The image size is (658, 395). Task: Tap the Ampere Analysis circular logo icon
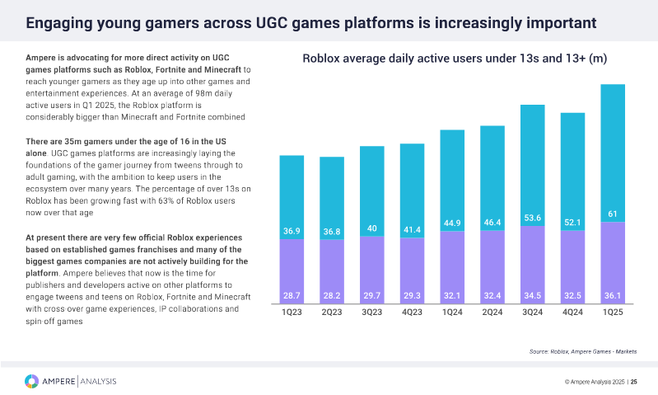click(x=31, y=380)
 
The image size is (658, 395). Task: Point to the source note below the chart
click(x=582, y=351)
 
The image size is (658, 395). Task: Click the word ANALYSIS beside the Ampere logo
click(x=99, y=380)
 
